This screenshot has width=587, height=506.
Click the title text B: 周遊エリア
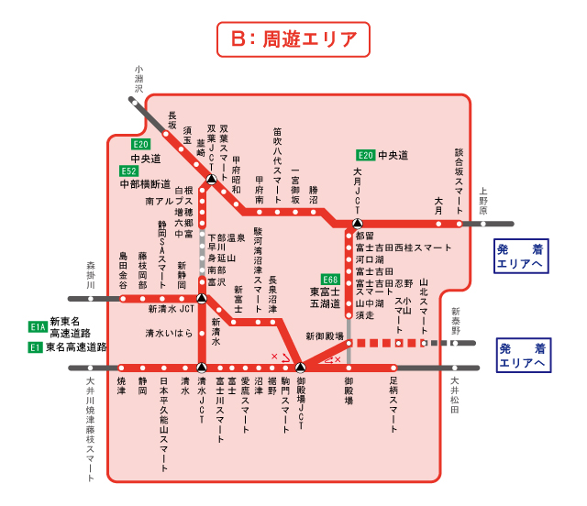coord(293,39)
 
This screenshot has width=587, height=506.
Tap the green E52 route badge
coord(129,170)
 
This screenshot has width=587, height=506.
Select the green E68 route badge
coord(331,279)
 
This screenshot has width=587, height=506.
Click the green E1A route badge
coord(38,326)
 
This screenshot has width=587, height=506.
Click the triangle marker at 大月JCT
coord(358,222)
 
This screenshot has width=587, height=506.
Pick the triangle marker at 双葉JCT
coord(212,180)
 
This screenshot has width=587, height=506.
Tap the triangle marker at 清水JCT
coord(202,368)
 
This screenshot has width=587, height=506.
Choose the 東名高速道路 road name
coord(76,347)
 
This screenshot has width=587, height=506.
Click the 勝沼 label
coord(313,196)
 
